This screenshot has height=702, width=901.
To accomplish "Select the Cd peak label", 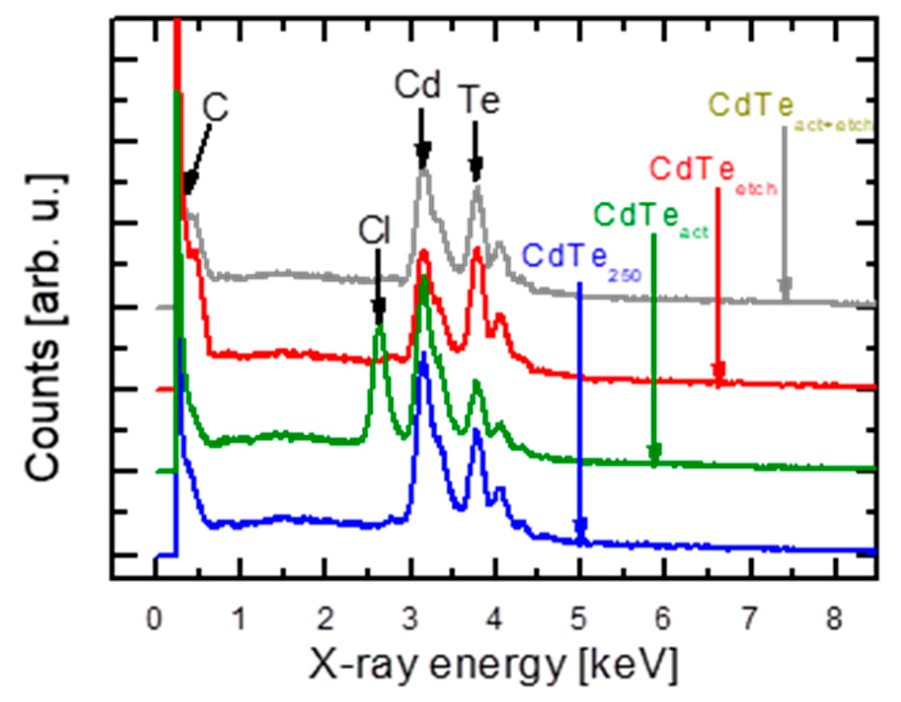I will (x=417, y=85).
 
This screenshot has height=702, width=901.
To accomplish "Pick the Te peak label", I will (x=479, y=100).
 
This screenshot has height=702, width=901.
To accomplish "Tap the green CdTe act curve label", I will (x=650, y=217).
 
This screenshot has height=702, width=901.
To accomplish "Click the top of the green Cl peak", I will (x=379, y=326).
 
